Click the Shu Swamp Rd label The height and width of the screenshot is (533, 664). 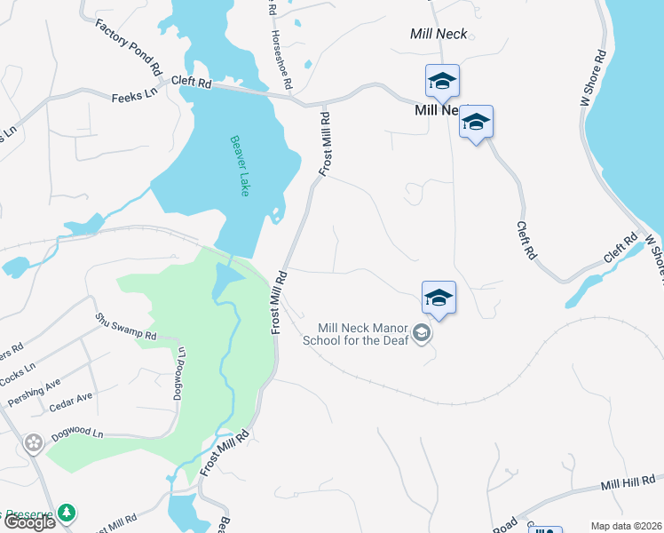pos(126,327)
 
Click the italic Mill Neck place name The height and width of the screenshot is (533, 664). pos(439,35)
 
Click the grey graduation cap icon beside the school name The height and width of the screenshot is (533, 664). pos(423,334)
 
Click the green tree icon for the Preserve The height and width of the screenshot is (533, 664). pos(67,513)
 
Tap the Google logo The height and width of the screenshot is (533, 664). pos(28,522)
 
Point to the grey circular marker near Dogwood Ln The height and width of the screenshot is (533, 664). pos(34,442)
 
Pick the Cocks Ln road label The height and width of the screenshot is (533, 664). pos(18,373)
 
